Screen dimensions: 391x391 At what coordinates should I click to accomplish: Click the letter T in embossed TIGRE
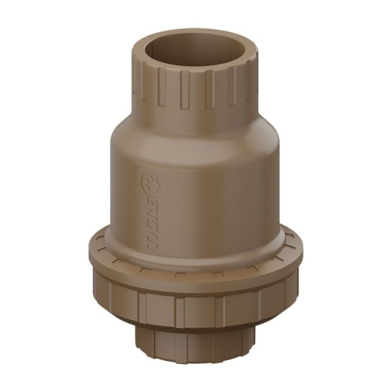pyautogui.click(x=152, y=241)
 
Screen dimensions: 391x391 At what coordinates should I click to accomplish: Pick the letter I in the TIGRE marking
pyautogui.click(x=152, y=231)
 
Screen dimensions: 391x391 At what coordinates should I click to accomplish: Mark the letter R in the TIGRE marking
pyautogui.click(x=152, y=212)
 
